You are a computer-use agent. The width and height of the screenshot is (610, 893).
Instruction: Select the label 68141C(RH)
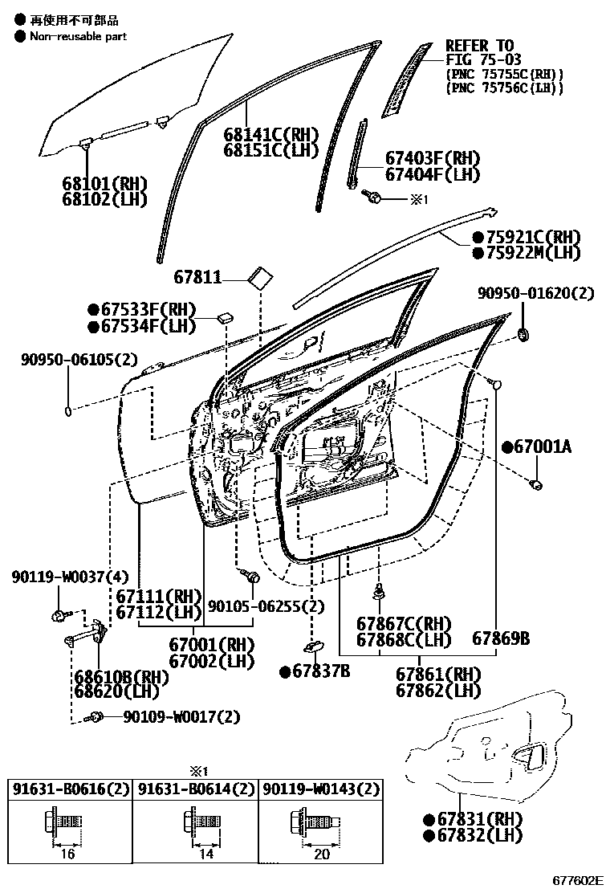click(270, 135)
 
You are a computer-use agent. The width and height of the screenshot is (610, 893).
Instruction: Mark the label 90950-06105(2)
click(79, 359)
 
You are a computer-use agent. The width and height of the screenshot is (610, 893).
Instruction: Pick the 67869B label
click(501, 638)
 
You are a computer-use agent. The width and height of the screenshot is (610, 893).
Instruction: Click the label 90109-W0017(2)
click(181, 716)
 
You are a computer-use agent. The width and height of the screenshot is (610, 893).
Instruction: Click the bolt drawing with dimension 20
click(315, 822)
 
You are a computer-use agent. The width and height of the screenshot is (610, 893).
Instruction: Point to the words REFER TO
click(479, 46)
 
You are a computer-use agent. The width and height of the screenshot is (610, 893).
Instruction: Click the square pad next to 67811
click(259, 277)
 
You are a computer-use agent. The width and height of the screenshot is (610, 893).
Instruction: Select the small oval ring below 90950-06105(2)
click(68, 412)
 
